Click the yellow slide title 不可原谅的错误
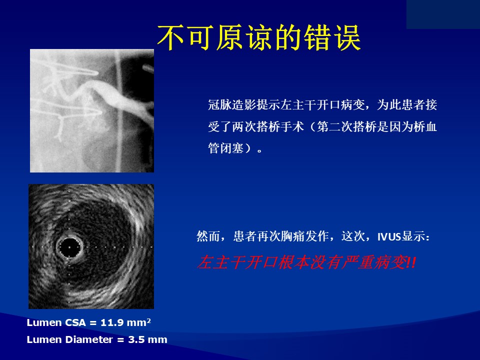pos(259,37)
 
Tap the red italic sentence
pos(306,262)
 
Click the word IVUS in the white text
pos(389,237)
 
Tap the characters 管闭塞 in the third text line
pos(226,148)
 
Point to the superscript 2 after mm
pos(149,320)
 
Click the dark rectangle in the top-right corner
pos(443,14)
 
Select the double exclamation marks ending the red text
pos(411,262)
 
